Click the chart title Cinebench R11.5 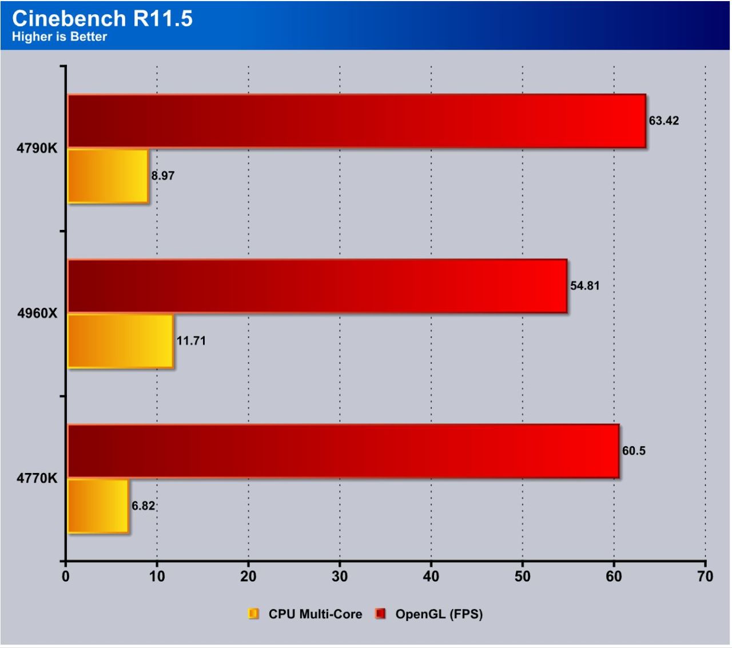point(102,18)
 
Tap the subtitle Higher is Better point(59,37)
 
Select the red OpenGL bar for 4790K point(356,121)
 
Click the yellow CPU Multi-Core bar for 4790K point(108,176)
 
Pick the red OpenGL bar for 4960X point(317,286)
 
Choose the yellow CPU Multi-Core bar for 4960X point(121,341)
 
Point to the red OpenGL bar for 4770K point(343,451)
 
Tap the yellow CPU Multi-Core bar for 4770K point(98,506)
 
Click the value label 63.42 point(663,121)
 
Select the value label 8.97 point(163,176)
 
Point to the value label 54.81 point(584,285)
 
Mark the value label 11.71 point(191,341)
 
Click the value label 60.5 point(634,451)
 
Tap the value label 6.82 point(143,506)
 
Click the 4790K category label point(37,148)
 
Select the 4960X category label point(37,313)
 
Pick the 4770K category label point(37,478)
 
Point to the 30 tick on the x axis point(340,577)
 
